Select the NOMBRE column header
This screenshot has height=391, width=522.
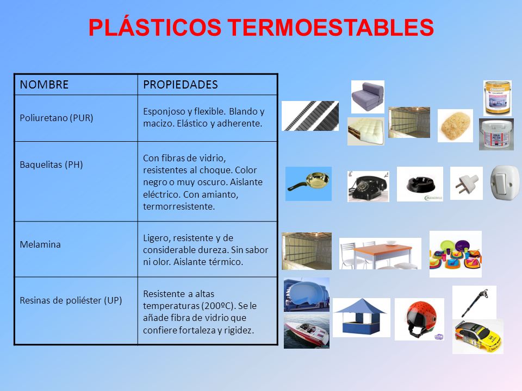pos(44,85)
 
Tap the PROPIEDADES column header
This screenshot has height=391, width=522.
pos(180,85)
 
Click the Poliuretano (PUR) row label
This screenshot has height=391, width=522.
pos(57,118)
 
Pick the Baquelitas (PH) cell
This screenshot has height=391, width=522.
pos(51,165)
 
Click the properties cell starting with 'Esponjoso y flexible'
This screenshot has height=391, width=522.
pos(203,117)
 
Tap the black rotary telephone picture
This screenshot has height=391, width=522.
pos(368,186)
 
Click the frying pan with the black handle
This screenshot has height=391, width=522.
pos(308,184)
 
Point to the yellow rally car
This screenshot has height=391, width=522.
pos(477,337)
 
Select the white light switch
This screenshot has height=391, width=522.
pos(505,182)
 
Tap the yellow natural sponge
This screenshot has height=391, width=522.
pos(455,125)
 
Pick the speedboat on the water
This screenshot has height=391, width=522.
pos(306,331)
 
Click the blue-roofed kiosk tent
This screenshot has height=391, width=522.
pos(361,317)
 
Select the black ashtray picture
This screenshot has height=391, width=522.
pos(419,185)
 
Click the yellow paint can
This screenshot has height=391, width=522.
pos(497,97)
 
